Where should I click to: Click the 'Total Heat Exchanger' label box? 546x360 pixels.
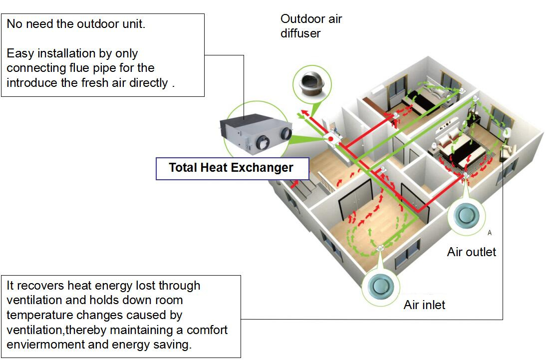[231, 168]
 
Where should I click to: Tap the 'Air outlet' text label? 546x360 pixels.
[471, 252]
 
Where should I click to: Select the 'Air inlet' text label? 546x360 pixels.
[424, 305]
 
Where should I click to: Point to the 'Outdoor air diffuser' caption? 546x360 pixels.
[311, 26]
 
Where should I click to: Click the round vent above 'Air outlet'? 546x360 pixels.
[467, 216]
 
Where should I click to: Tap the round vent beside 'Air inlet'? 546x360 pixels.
[381, 286]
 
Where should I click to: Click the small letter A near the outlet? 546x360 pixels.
[490, 233]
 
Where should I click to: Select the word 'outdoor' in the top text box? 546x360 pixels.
[88, 24]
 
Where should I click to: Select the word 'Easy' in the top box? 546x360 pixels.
[19, 53]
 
